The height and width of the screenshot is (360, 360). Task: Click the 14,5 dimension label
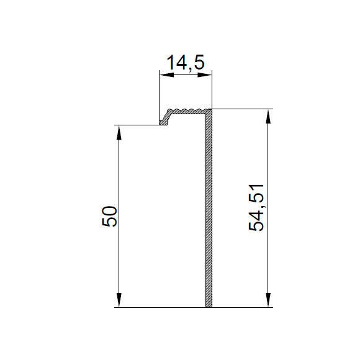coord(186,63)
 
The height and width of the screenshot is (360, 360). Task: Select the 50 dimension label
coord(109,216)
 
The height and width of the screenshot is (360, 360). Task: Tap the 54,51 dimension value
coord(256,207)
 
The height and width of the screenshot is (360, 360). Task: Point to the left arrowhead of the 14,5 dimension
coord(167,75)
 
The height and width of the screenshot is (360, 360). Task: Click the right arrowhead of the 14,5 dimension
coord(204,75)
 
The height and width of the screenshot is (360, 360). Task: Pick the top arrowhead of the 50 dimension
coord(119,132)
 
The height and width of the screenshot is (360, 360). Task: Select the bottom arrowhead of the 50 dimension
coord(119,300)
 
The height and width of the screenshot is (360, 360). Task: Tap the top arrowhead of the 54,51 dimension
coord(268,117)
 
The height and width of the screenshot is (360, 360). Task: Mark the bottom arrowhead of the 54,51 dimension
coord(268,300)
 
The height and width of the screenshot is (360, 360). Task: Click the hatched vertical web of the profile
coord(209,210)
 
